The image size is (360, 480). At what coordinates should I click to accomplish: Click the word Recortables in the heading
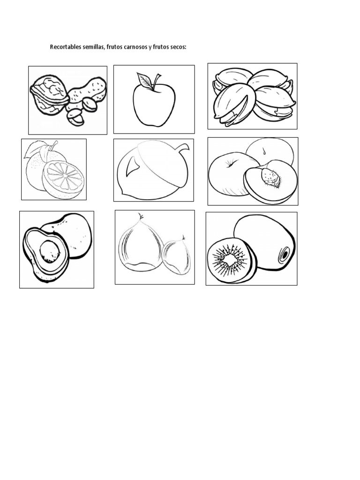tap(66, 47)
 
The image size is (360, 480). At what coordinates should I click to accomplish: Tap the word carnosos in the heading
tap(135, 47)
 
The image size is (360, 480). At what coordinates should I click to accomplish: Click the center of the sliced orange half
tap(63, 177)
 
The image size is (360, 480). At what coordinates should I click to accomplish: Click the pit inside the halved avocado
tap(50, 251)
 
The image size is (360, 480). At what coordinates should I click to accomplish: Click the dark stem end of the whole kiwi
tap(285, 254)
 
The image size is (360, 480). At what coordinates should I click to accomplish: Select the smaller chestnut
tap(177, 256)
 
